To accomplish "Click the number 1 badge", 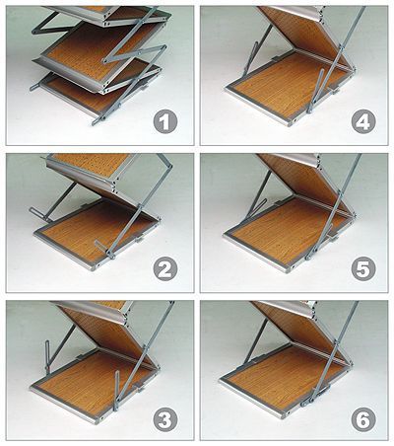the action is [x=165, y=122].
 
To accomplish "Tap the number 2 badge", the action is [x=165, y=268].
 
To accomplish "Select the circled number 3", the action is [x=165, y=419].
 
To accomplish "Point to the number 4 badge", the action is [x=363, y=122].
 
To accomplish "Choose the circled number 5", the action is [x=363, y=268].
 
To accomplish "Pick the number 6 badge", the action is [x=363, y=419].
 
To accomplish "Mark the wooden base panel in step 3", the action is [x=96, y=383].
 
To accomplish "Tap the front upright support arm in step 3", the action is [x=116, y=391].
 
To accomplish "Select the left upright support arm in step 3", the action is [x=47, y=358].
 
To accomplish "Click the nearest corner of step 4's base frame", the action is [x=290, y=124].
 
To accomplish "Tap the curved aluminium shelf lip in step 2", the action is [x=82, y=175].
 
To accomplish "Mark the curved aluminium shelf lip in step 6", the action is [x=283, y=309].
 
